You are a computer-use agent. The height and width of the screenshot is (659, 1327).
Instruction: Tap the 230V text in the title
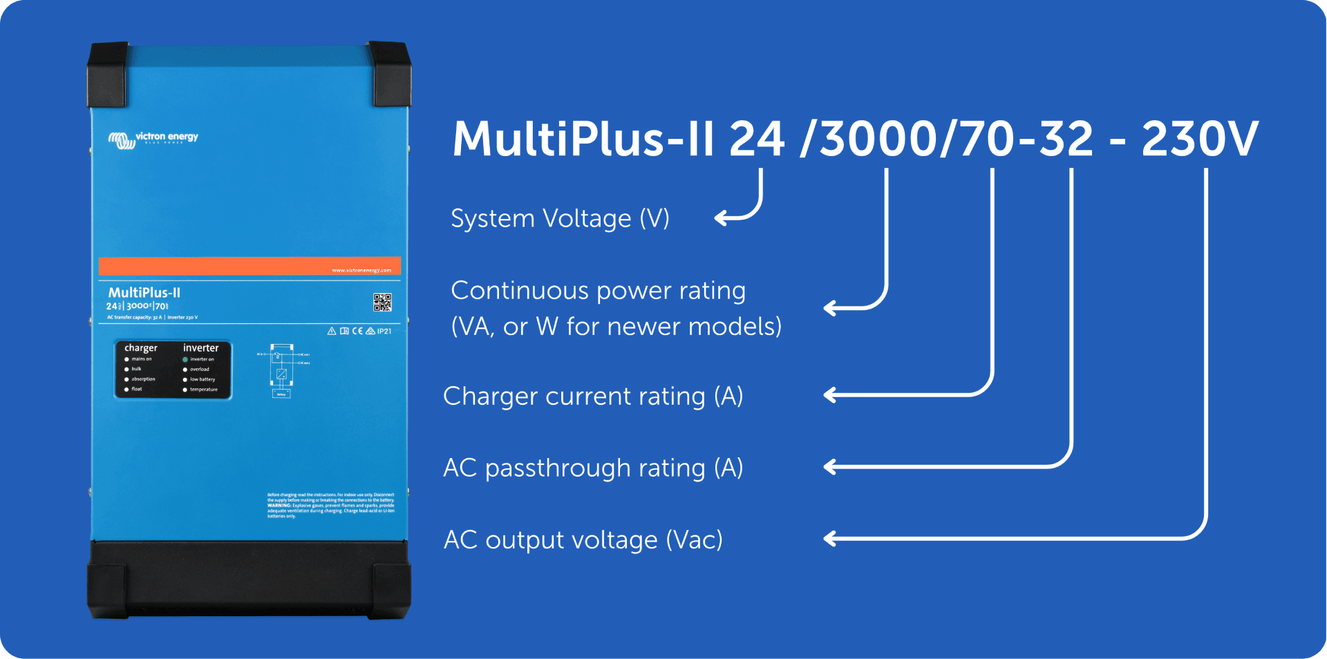click(x=1200, y=139)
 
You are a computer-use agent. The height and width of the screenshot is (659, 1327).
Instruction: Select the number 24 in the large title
click(x=757, y=139)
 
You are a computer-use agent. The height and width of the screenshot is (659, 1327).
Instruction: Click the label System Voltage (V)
click(x=560, y=219)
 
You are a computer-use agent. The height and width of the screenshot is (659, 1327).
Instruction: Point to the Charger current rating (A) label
click(x=593, y=397)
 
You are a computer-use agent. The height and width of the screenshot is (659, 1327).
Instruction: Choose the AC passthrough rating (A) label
click(x=593, y=468)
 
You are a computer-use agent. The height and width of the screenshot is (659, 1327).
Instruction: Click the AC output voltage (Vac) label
click(x=583, y=540)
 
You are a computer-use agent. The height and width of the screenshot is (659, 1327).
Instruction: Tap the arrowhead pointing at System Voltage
click(x=720, y=218)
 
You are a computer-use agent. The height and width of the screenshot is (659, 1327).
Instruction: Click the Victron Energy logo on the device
click(x=153, y=139)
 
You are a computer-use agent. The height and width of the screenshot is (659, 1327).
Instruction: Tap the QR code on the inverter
click(x=382, y=302)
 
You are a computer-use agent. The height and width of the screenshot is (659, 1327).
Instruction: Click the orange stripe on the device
click(x=249, y=266)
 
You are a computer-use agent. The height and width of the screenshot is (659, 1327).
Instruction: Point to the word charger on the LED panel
click(x=141, y=348)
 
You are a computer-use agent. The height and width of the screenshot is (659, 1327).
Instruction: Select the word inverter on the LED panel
click(x=200, y=348)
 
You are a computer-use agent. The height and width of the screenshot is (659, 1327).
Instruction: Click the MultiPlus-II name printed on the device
click(x=144, y=293)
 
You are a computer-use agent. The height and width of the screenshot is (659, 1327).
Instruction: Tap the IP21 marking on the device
click(x=384, y=332)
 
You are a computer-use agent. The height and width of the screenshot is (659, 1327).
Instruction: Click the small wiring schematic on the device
click(x=282, y=371)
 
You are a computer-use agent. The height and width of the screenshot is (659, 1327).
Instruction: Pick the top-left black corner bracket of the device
click(x=108, y=73)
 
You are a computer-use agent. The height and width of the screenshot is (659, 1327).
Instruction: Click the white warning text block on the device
click(x=330, y=506)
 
